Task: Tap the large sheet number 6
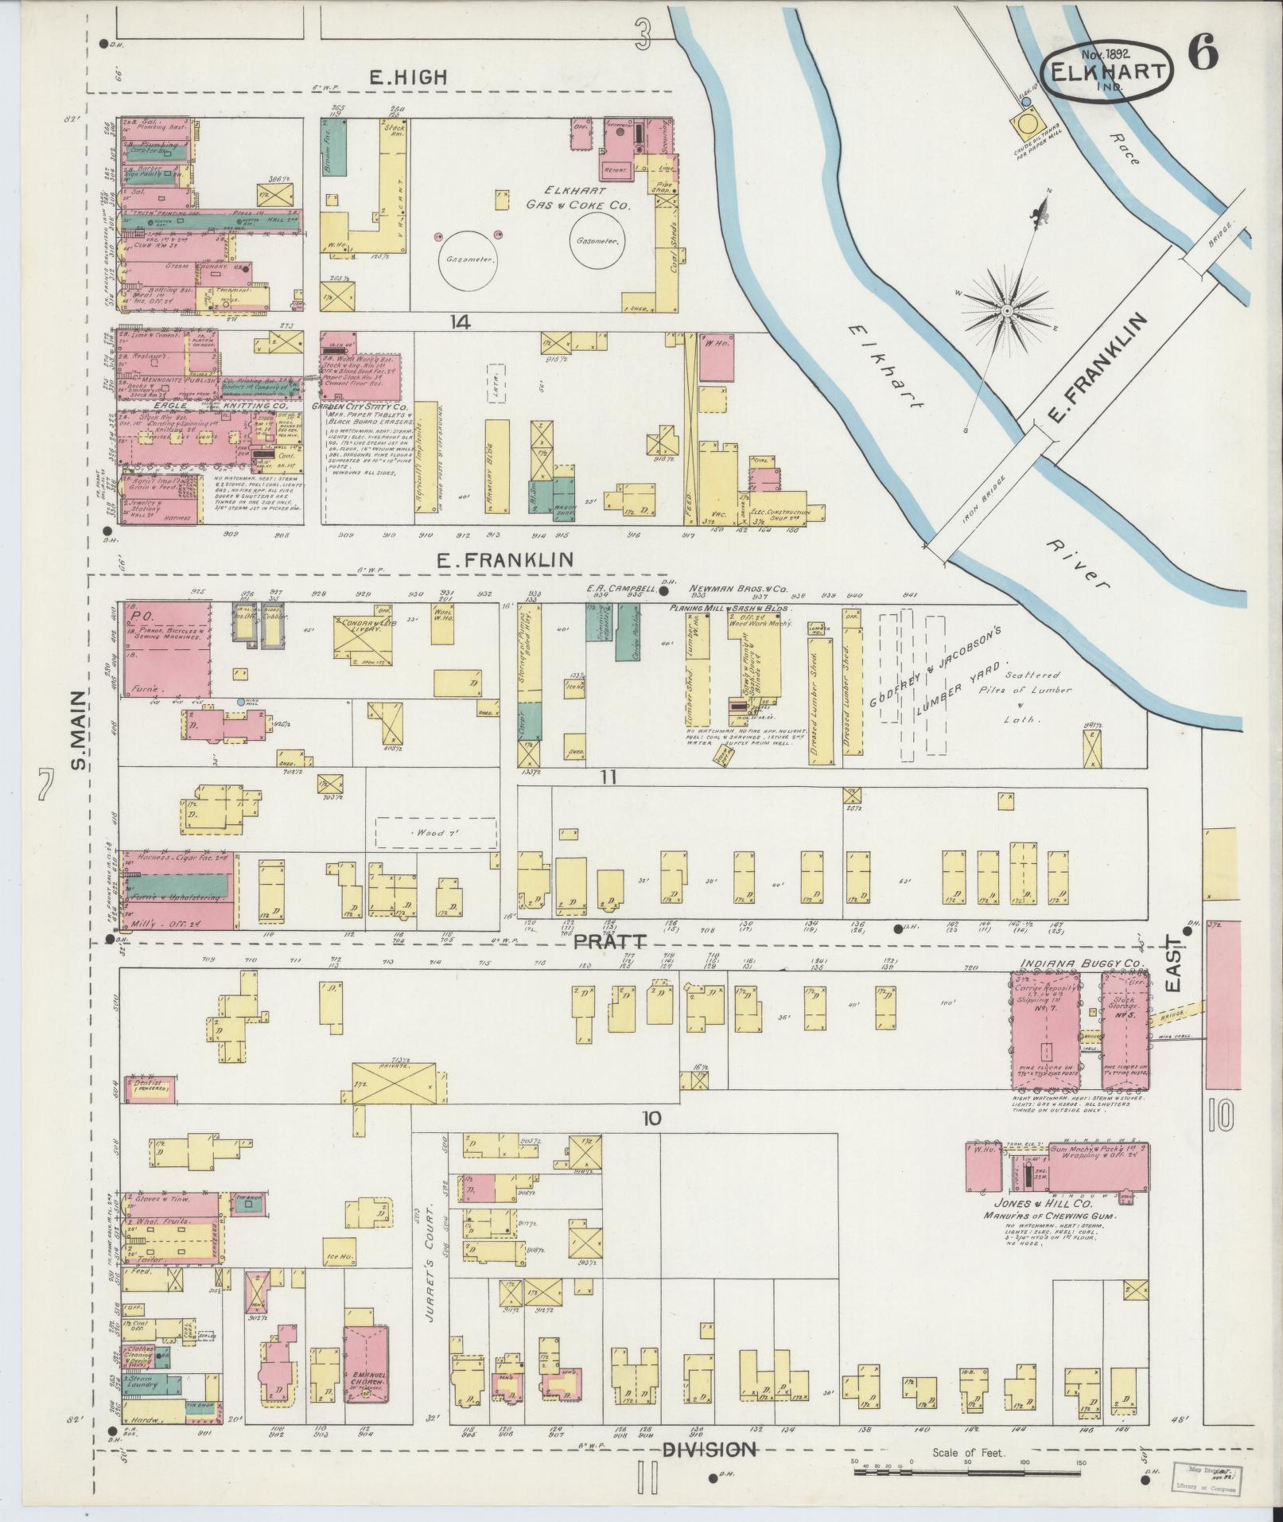point(1203,54)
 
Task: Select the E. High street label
point(408,77)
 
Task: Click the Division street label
point(709,1450)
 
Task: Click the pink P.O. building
point(163,648)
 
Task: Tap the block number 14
point(459,322)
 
